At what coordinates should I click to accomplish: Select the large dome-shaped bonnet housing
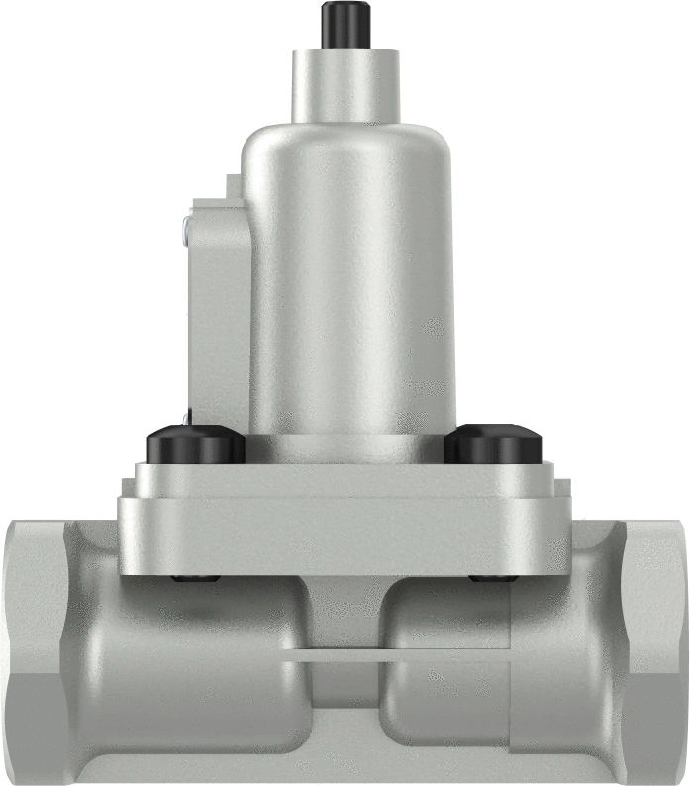(348, 277)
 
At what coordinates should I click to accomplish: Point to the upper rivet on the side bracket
(186, 229)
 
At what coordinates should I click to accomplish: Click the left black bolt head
(195, 446)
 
